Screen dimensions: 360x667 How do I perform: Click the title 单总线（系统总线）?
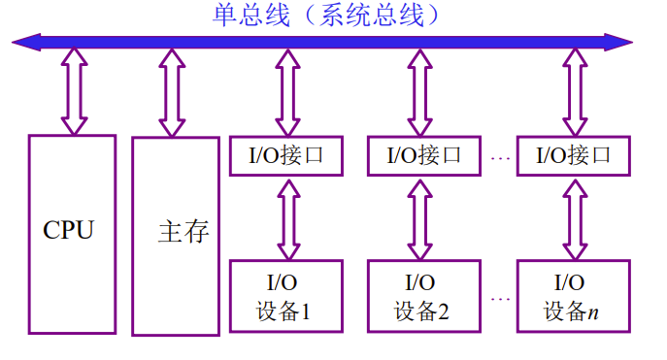click(x=327, y=16)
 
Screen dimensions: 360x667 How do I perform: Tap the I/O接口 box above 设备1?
click(x=286, y=155)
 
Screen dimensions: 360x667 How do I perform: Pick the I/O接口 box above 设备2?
click(x=424, y=155)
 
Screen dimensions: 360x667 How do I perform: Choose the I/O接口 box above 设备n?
click(x=573, y=155)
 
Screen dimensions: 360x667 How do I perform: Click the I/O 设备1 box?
click(x=286, y=297)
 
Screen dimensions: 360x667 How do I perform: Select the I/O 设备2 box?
click(x=424, y=297)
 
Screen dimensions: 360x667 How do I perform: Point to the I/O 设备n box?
click(x=573, y=297)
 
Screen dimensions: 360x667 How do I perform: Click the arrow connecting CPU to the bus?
click(x=74, y=92)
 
